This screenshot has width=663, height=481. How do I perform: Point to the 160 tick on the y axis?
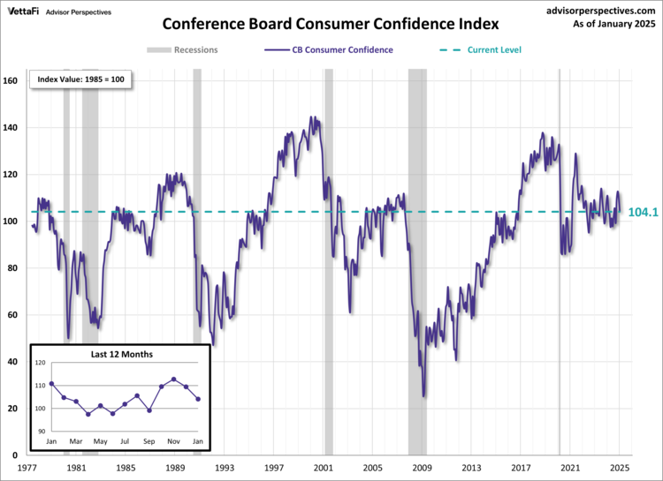tap(11, 81)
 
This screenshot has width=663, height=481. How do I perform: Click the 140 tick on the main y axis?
tap(11, 128)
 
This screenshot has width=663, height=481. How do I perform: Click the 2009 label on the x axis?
tap(423, 468)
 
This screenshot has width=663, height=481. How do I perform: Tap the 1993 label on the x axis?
tap(225, 468)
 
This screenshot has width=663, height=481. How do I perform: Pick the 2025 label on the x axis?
tap(620, 468)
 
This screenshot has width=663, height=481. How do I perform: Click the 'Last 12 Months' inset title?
tap(121, 354)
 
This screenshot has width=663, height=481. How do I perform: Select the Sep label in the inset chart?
tap(149, 440)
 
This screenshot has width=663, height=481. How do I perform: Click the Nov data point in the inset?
tap(173, 380)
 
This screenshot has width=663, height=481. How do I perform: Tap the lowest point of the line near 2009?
tap(423, 396)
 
